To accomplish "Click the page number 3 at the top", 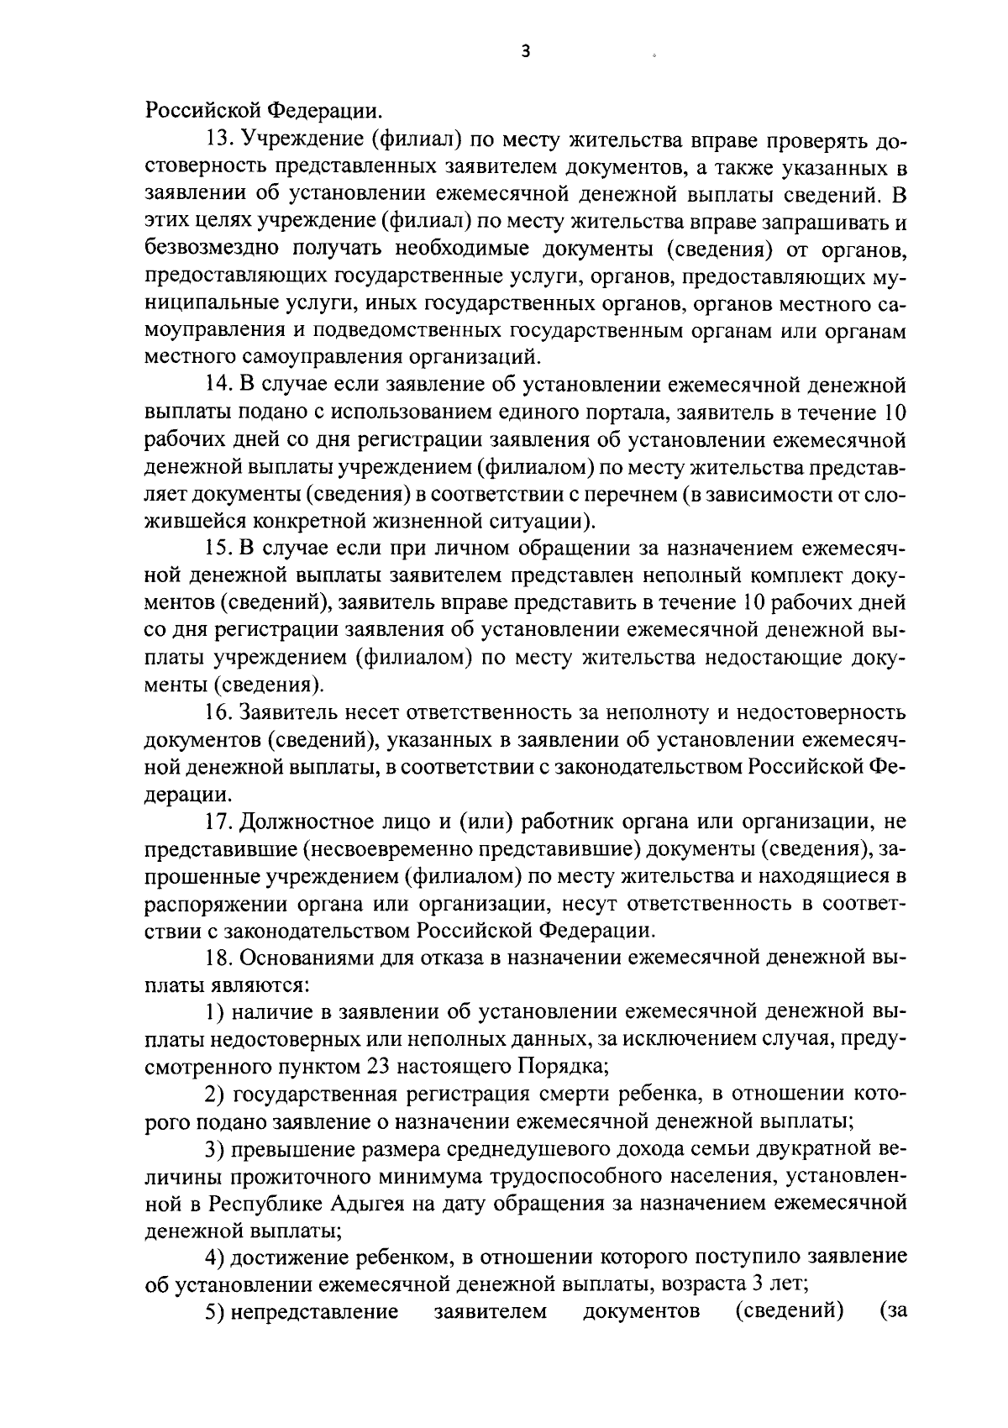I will (525, 51).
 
